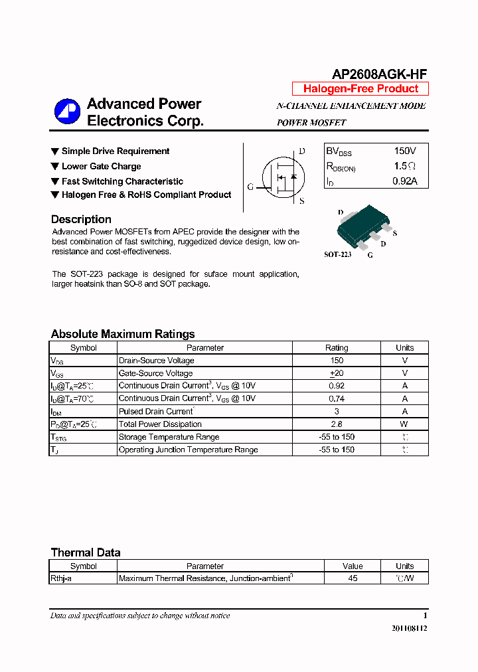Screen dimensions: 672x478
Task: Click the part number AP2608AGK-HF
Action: (379, 74)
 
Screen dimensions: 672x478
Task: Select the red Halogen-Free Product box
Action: (360, 89)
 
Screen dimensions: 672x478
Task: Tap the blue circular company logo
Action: (67, 112)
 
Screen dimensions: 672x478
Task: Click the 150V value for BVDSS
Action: (405, 151)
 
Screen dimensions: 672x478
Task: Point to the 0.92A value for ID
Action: (404, 181)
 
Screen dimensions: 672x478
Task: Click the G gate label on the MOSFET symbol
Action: (250, 187)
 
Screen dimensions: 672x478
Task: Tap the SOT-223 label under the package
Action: (337, 254)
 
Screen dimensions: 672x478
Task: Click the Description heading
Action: (81, 219)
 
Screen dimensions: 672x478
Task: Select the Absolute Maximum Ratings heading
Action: (123, 334)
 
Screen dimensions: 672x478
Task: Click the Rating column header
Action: (337, 348)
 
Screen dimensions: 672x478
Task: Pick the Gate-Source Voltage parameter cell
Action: (155, 373)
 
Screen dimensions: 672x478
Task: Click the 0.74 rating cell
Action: (337, 398)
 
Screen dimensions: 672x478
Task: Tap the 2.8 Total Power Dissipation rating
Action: (337, 424)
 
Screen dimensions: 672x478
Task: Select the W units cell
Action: (404, 424)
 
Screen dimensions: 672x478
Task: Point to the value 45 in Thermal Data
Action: (353, 578)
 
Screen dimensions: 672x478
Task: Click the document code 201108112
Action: (409, 628)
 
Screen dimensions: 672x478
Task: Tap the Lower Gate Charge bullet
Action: (101, 166)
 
